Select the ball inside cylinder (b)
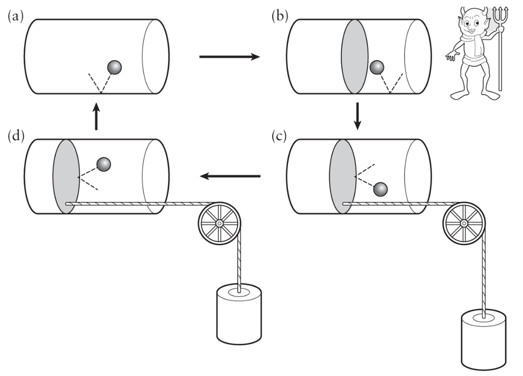tap(377, 67)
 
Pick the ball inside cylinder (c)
tap(380, 189)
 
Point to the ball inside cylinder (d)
tap(104, 164)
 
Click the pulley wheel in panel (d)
tap(220, 222)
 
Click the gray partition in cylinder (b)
tap(355, 56)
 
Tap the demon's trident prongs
tap(501, 15)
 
